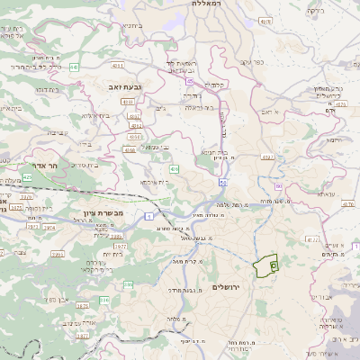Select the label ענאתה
[x=327, y=193]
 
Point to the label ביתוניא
[x=130, y=26]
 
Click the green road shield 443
[x=74, y=67]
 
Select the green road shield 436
[x=174, y=168]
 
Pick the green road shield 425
[x=27, y=177]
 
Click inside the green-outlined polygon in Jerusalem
[x=265, y=266]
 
